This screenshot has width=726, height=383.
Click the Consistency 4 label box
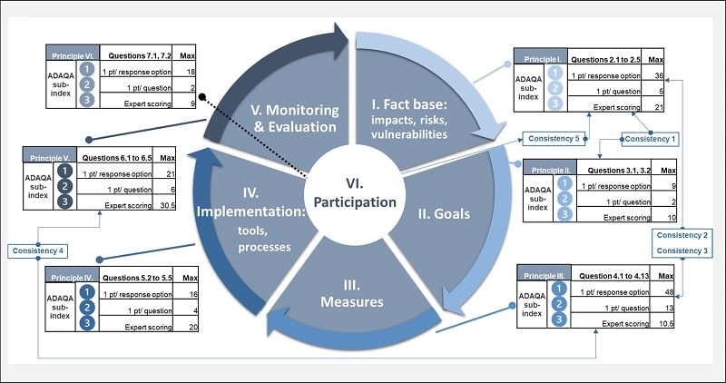tap(35, 250)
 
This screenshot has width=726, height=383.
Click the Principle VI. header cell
tap(72, 55)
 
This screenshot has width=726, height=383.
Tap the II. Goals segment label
tap(444, 215)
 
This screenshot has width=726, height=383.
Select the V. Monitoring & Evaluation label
tap(294, 118)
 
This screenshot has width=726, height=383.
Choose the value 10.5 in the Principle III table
tap(664, 324)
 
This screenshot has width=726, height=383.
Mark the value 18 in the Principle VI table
tap(191, 71)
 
